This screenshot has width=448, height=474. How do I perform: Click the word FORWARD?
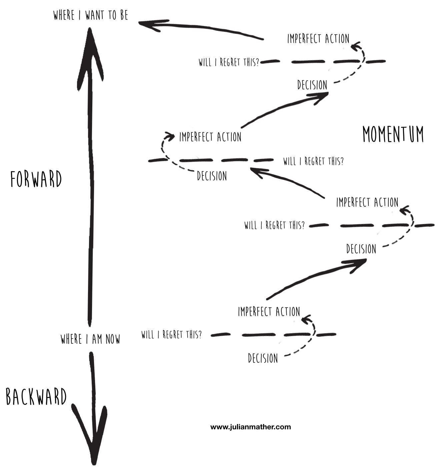pos(36,179)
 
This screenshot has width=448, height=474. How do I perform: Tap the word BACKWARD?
pos(36,397)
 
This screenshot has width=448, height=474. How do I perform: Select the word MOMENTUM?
pos(393,134)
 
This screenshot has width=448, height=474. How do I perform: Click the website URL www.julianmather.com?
pos(250,427)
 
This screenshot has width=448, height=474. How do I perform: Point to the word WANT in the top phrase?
pos(95,15)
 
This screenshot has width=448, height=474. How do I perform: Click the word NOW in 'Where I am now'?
pos(113,339)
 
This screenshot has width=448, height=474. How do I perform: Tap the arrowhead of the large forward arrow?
pos(90,57)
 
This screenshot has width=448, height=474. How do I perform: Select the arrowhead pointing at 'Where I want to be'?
pos(150,25)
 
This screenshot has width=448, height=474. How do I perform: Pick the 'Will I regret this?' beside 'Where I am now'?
pos(171,334)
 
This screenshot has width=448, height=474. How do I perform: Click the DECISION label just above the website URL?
pos(263,358)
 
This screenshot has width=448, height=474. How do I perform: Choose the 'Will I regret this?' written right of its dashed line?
pos(313,161)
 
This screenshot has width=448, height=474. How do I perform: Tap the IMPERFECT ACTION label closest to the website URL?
pos(269,312)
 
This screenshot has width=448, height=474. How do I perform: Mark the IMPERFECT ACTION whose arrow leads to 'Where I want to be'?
pos(318,39)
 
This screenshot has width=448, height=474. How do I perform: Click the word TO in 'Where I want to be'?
pos(112,15)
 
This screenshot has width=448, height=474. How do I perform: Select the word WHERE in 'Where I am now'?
pos(71,339)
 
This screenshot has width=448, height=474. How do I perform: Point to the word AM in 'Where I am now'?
pos(97,339)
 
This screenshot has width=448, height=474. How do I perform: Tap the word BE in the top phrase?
pos(124,15)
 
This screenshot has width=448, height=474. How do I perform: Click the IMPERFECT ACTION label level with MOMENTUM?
pos(210,137)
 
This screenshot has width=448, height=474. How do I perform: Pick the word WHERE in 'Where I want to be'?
pos(64,15)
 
